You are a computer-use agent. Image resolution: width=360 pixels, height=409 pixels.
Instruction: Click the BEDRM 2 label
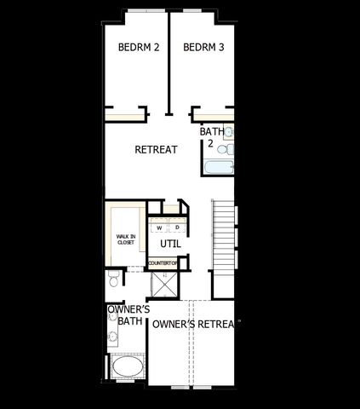coord(138,48)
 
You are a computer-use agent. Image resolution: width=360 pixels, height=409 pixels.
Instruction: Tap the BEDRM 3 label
coord(203,48)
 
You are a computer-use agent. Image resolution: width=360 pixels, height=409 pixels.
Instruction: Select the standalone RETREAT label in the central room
coord(156,150)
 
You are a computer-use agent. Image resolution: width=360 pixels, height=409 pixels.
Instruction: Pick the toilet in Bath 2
coord(227,150)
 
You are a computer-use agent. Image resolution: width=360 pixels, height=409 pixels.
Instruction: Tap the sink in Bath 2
coord(229,133)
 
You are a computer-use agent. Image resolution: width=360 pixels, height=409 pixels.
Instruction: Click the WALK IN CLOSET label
coord(126,239)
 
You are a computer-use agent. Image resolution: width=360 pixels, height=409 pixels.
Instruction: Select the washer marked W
coord(159,228)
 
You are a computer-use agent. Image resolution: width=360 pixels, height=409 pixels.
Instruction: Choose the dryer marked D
coord(177,228)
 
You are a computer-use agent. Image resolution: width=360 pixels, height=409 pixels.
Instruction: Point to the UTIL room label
coord(170,245)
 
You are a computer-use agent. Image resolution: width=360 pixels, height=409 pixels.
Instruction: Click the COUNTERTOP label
coord(163,263)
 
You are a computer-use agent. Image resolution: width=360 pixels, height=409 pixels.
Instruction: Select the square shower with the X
coord(163,284)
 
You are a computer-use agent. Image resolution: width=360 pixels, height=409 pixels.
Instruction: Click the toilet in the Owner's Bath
coord(114,281)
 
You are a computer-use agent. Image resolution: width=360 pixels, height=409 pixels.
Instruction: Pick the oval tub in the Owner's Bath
coord(128,370)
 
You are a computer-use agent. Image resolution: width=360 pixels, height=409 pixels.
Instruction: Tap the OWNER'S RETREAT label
coord(194,324)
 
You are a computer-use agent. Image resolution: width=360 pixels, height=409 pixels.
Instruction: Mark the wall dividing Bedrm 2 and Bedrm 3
coord(169,64)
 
